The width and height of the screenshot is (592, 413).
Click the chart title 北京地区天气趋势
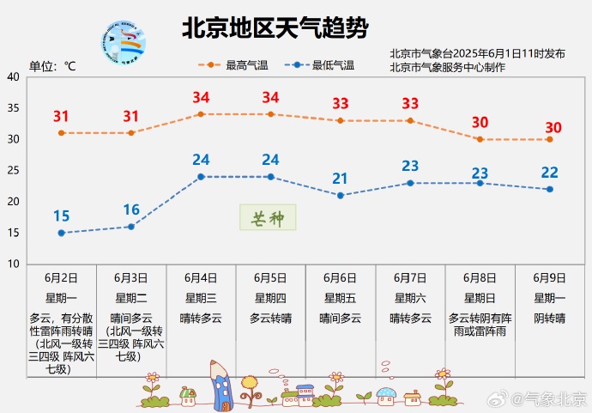[275, 29]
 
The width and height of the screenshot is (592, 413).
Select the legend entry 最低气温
[321, 64]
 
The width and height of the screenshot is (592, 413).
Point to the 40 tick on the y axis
[14, 77]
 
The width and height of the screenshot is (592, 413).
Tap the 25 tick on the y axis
[14, 170]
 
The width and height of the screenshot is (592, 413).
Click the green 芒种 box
[267, 217]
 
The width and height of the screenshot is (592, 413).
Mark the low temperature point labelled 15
[61, 233]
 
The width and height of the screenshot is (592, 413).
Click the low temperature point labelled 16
[131, 227]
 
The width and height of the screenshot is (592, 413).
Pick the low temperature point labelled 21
[341, 196]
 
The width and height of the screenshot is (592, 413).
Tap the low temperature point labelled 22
[549, 189]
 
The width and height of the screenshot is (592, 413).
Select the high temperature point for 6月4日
[201, 114]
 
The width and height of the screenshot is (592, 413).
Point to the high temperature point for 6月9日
[549, 139]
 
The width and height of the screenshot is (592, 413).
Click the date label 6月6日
[340, 277]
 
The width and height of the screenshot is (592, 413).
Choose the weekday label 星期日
[480, 298]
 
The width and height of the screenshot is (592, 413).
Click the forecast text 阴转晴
[549, 318]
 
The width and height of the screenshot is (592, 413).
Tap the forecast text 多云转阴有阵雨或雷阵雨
[480, 324]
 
